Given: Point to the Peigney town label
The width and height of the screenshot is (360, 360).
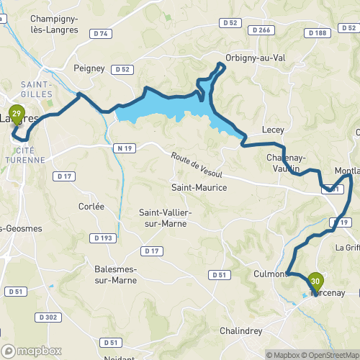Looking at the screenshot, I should (x=89, y=68).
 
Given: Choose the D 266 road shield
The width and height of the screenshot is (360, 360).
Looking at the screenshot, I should (x=261, y=30).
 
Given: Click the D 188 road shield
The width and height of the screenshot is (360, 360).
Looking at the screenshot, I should (x=316, y=33).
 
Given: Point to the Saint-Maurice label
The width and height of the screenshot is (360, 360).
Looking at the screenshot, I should (x=198, y=187).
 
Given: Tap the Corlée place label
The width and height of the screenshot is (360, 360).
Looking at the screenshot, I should (x=91, y=206).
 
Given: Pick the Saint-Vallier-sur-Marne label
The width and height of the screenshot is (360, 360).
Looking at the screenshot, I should (x=163, y=218).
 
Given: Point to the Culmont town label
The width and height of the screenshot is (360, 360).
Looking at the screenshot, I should (x=271, y=274).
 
